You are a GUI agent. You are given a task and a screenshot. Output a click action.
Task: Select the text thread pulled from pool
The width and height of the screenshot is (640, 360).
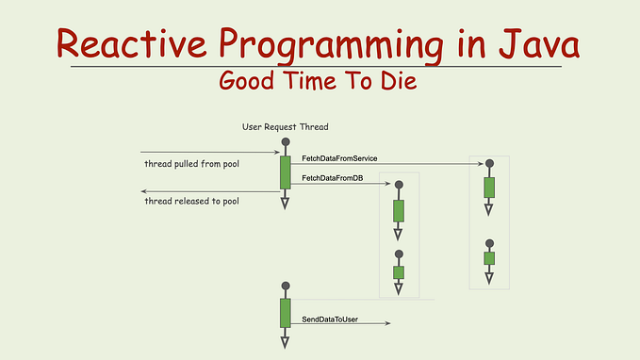tap(189, 164)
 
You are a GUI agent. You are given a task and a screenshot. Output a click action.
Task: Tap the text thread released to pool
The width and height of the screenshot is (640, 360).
tap(191, 202)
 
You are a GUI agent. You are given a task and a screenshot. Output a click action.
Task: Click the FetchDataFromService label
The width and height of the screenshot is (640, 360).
tap(339, 157)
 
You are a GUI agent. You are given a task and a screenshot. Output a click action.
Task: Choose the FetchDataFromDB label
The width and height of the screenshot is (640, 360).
tap(332, 177)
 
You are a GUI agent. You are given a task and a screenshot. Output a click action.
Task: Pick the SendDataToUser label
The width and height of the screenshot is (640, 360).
tap(330, 319)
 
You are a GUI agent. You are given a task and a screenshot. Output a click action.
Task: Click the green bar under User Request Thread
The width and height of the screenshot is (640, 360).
tap(285, 172)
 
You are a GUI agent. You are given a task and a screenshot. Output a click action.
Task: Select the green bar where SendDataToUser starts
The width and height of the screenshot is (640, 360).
tap(285, 313)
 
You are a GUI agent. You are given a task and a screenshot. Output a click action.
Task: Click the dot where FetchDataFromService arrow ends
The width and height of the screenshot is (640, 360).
tap(489, 164)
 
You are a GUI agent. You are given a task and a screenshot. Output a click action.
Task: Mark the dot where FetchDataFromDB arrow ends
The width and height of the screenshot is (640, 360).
tap(399, 185)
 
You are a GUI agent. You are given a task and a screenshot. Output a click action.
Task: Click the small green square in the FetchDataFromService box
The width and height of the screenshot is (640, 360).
tap(489, 257)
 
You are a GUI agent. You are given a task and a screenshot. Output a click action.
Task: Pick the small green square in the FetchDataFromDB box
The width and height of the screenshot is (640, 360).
tap(399, 272)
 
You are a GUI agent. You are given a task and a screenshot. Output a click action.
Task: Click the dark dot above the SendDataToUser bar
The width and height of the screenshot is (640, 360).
tap(285, 286)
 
